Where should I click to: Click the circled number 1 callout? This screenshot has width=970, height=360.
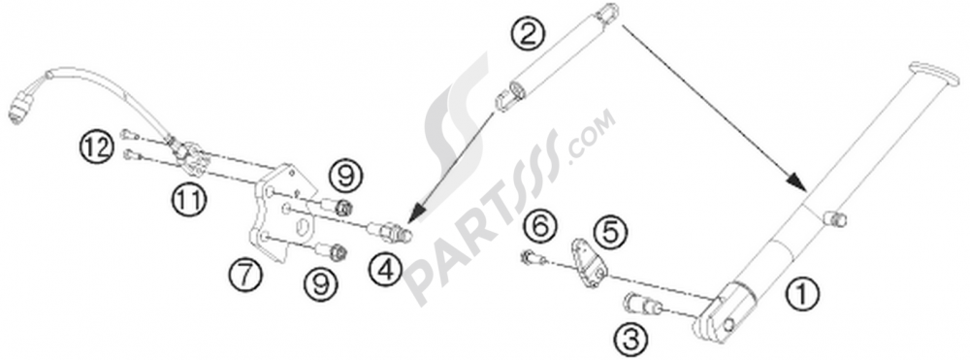click(x=802, y=294)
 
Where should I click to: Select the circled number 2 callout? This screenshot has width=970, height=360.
click(x=526, y=34)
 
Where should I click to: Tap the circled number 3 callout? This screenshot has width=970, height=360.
click(x=630, y=338)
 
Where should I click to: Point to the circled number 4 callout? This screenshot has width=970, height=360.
click(x=385, y=270)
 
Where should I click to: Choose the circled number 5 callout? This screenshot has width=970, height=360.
click(x=610, y=233)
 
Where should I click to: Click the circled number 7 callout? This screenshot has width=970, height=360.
click(x=245, y=274)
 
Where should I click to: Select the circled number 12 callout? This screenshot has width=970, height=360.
click(x=97, y=147)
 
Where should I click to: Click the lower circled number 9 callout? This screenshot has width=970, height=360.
click(x=320, y=285)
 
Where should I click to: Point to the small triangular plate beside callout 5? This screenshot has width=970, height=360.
click(x=589, y=263)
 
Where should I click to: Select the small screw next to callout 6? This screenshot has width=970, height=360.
click(x=533, y=257)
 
